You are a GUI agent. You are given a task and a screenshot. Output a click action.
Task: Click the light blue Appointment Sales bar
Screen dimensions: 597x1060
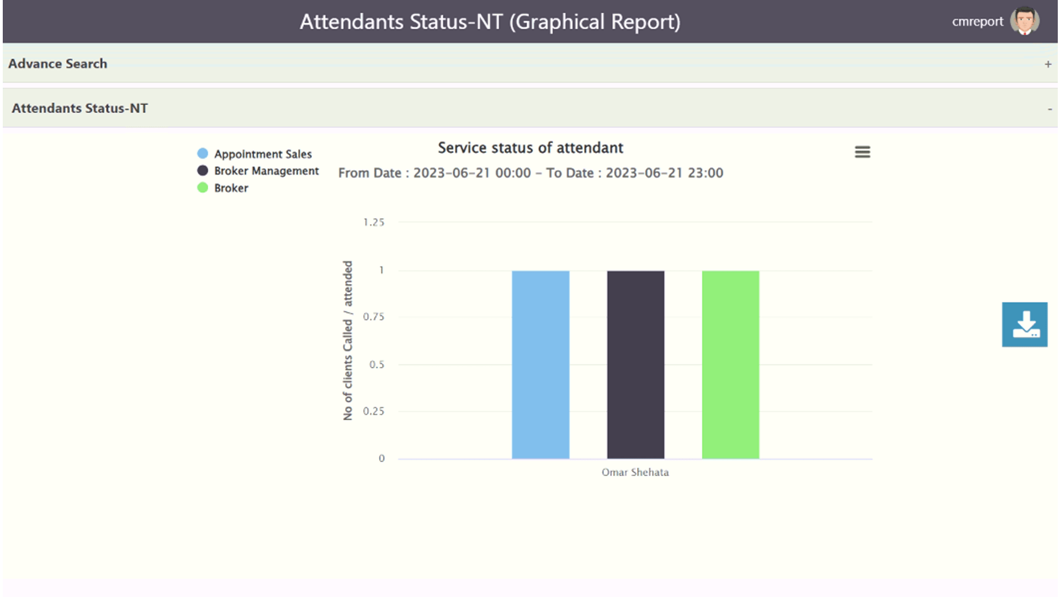tap(540, 365)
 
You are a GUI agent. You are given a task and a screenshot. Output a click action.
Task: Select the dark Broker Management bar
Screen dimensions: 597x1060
tap(635, 365)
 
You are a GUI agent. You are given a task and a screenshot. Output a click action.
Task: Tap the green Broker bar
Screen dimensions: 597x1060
tap(730, 365)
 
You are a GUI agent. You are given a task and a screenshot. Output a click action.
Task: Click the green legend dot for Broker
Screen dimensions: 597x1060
tap(203, 188)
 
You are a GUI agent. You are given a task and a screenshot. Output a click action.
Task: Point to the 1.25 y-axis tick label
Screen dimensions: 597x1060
tap(374, 222)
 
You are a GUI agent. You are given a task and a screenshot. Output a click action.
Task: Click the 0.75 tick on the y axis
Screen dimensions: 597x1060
tap(374, 317)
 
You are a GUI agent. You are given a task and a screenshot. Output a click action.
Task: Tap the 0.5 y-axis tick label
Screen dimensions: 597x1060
tap(377, 364)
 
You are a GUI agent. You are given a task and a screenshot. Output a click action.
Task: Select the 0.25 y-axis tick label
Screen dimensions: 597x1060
tap(374, 411)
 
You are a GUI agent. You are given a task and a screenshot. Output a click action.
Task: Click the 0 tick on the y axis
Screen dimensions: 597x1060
tap(381, 458)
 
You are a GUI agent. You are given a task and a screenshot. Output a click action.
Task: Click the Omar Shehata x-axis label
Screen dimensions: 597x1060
tap(635, 473)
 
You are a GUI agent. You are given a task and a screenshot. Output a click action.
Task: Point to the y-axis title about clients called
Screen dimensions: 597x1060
tap(348, 341)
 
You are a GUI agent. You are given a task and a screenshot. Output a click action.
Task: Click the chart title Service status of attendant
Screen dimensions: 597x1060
tap(531, 148)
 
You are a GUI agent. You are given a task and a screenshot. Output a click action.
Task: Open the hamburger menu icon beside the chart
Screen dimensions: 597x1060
tap(862, 152)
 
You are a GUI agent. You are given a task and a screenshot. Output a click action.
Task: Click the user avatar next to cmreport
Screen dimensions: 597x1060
tap(1025, 22)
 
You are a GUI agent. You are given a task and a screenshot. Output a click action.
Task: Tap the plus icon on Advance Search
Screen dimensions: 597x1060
tap(1048, 64)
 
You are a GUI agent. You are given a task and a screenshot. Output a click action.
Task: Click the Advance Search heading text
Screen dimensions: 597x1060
tap(58, 64)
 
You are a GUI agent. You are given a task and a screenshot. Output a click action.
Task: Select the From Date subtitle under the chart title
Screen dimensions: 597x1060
tap(531, 173)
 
